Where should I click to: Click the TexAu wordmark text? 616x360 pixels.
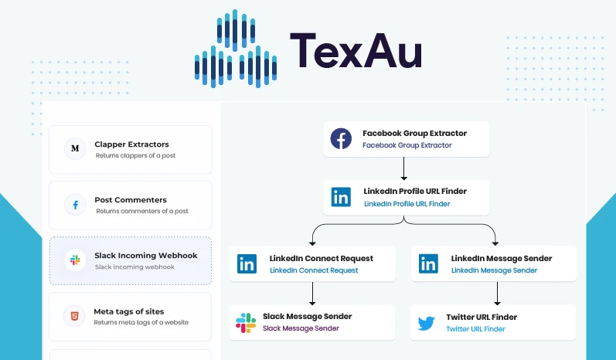tap(355, 52)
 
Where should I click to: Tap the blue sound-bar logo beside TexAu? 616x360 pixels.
tap(235, 49)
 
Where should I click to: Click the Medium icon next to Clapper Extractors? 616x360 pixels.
tap(75, 148)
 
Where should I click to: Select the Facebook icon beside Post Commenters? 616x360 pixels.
tap(75, 205)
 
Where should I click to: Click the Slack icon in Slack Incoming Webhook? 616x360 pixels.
tap(75, 260)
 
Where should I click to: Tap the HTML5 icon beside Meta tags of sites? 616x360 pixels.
tap(75, 316)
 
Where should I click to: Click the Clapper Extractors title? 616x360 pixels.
tap(131, 144)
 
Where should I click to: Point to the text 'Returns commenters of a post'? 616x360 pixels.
tap(141, 211)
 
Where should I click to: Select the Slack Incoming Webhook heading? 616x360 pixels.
tap(146, 256)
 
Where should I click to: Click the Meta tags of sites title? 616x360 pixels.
tap(129, 311)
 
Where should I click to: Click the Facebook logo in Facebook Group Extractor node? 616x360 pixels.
tap(341, 139)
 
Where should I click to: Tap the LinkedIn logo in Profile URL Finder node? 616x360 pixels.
tap(341, 197)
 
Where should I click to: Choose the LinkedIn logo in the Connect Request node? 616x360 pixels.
tap(247, 263)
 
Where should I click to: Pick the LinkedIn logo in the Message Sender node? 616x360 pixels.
tap(428, 263)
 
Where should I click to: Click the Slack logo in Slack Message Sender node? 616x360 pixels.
tap(246, 322)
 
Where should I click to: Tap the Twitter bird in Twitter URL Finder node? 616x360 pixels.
tap(427, 322)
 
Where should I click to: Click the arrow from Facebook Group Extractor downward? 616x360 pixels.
tap(403, 168)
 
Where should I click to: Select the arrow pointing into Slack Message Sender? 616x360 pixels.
tap(312, 294)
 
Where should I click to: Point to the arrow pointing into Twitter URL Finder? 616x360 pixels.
tap(495, 294)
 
